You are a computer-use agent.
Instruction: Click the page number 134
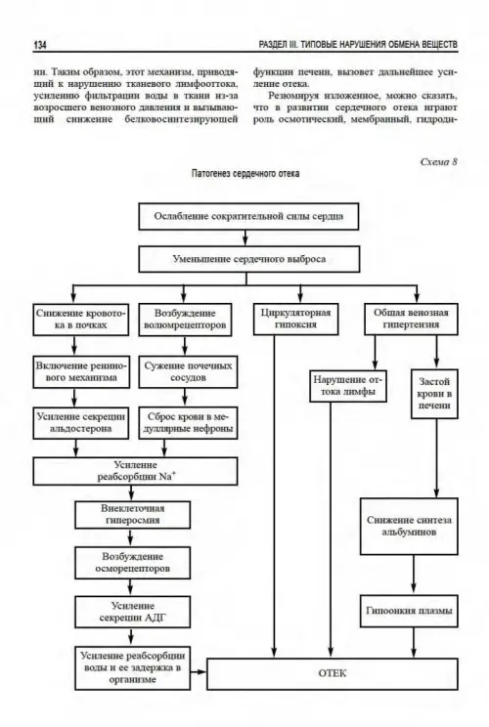40,45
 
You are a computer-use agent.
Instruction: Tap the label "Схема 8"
438,161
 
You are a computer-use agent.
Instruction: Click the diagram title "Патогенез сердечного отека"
245,173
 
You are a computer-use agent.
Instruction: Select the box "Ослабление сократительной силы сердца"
248,216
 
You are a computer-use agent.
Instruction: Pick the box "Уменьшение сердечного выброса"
249,259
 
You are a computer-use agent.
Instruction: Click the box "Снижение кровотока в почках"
81,319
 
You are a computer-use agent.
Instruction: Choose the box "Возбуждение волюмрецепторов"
185,319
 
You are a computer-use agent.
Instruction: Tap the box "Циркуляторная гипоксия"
296,319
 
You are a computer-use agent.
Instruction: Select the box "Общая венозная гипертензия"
411,319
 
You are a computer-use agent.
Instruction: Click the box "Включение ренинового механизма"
81,372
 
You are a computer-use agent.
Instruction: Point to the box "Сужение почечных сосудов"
188,372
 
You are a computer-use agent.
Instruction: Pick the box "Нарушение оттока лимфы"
348,386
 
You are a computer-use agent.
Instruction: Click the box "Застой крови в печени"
434,394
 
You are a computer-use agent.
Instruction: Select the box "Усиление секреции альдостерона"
81,423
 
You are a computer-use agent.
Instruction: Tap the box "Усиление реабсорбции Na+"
136,471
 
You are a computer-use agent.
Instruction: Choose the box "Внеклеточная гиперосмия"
133,515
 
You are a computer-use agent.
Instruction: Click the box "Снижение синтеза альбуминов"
409,527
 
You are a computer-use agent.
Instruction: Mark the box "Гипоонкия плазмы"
409,611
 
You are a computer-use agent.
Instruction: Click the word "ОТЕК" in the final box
333,673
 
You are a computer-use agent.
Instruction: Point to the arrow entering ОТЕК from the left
199,672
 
